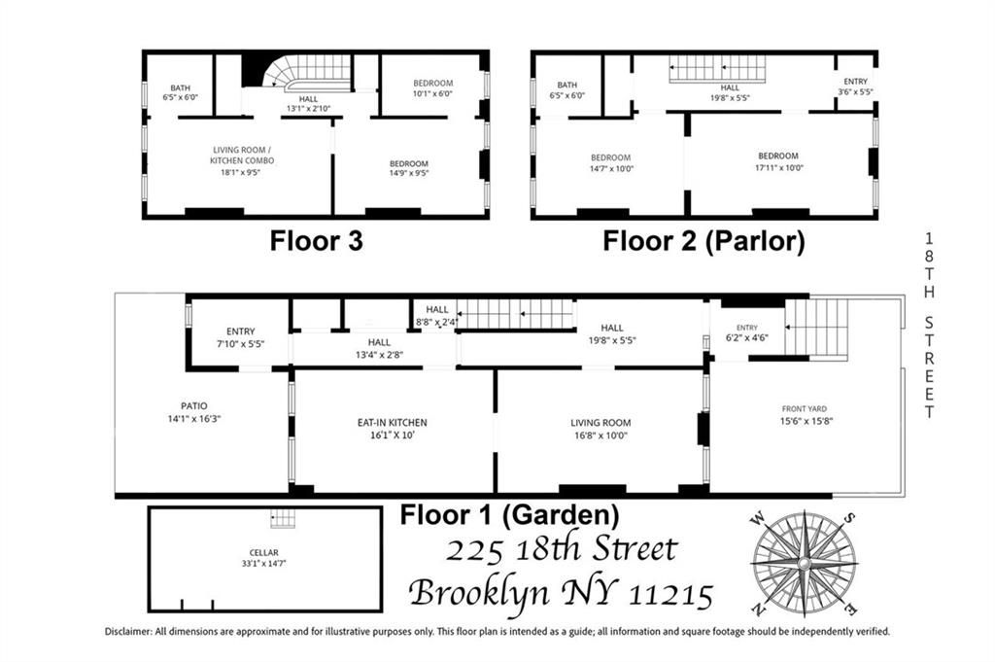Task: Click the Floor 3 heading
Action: tap(316, 241)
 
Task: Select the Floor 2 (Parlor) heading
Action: tap(703, 241)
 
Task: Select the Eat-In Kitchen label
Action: tap(393, 423)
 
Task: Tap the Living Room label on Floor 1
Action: tap(600, 423)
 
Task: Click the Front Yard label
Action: tap(804, 409)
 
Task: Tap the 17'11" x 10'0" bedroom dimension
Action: tap(777, 167)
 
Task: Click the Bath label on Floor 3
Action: tap(181, 87)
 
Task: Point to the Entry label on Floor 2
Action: tap(855, 82)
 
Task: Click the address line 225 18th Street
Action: tap(561, 550)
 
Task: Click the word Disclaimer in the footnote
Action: tap(128, 631)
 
